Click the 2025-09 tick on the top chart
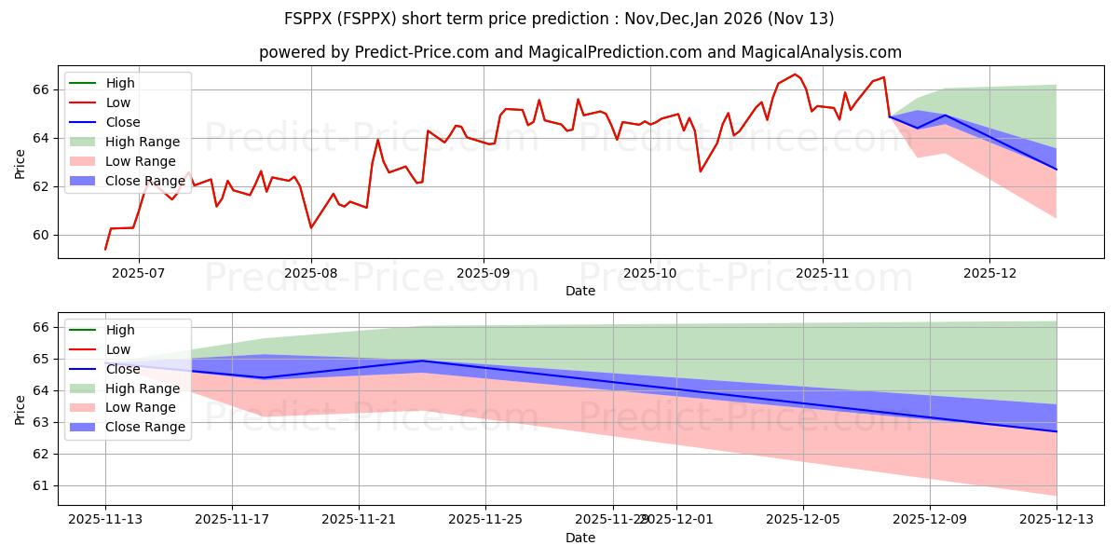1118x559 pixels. coord(484,272)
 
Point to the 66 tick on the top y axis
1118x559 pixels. coord(39,89)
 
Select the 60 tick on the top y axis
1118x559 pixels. coord(39,235)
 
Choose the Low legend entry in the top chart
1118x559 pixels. coord(118,102)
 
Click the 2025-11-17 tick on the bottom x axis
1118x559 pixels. coord(232,519)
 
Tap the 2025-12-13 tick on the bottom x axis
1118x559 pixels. coord(1057,519)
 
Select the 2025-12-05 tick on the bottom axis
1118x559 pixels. coord(803,519)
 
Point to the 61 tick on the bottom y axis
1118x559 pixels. coord(39,485)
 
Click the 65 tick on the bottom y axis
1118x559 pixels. coord(39,359)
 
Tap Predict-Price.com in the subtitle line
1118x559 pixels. coord(421,53)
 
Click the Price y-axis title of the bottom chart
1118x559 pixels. coord(20,409)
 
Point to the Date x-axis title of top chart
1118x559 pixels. coord(579,291)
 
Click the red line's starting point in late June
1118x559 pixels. coord(105,249)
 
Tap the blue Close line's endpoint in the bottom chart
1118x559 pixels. coord(1057,431)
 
